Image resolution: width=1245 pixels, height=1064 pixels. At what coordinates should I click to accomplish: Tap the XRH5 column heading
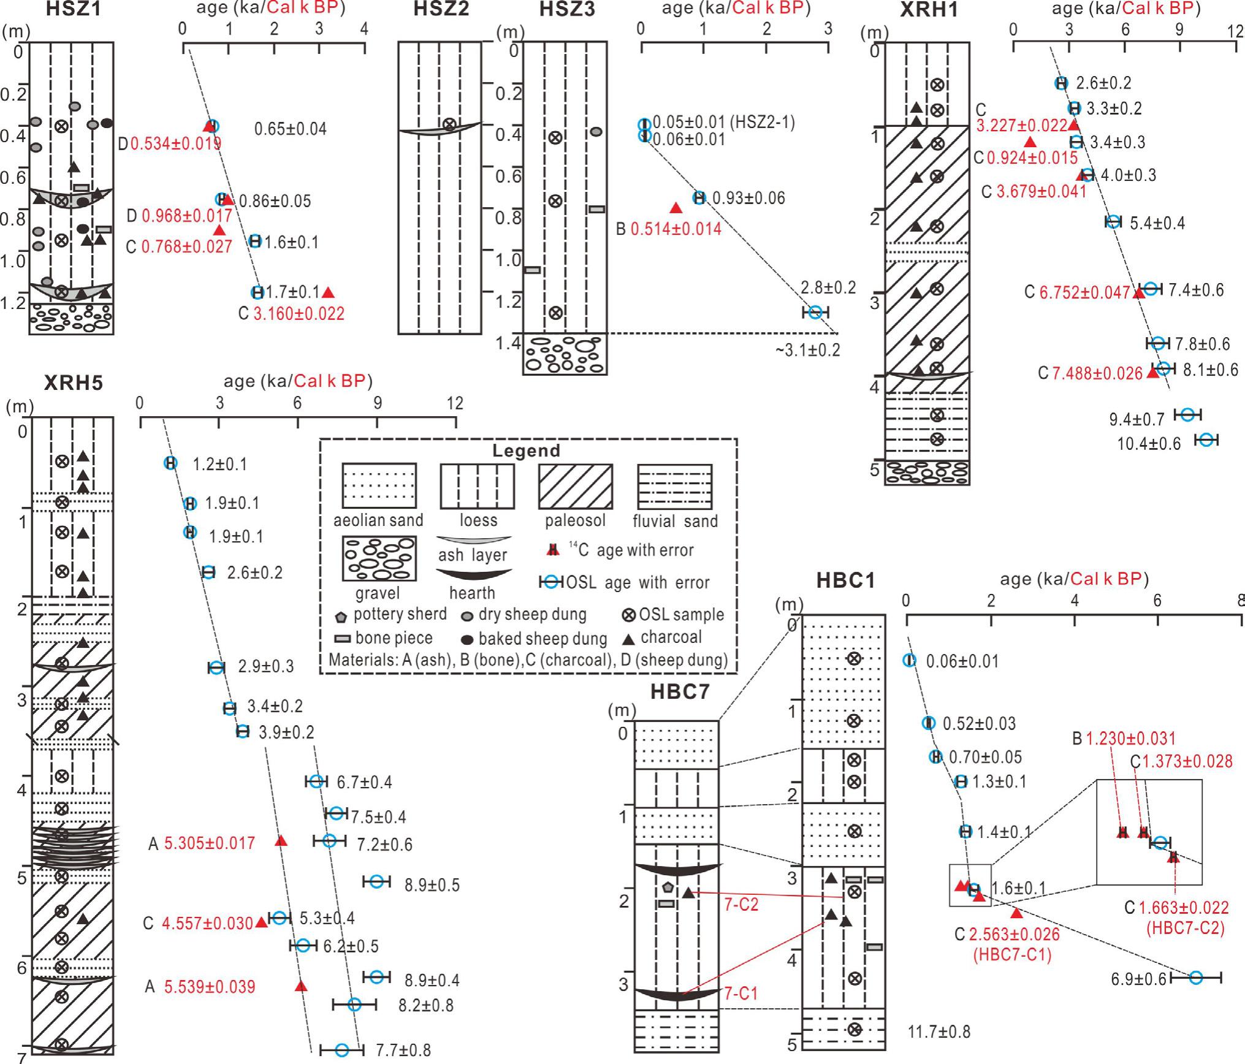(73, 383)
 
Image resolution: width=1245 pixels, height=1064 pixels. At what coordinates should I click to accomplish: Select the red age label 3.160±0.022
(299, 314)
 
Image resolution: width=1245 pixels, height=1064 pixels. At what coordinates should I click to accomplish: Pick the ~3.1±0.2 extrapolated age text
(807, 350)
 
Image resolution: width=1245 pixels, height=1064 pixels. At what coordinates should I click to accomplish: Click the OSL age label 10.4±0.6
(1148, 443)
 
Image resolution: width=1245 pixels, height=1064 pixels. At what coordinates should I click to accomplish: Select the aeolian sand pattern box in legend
(379, 486)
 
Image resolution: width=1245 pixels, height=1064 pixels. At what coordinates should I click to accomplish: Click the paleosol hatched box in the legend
(575, 486)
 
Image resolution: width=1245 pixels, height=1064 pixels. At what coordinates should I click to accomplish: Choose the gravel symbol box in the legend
(379, 558)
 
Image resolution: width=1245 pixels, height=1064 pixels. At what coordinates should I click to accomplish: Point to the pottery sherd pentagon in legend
(342, 615)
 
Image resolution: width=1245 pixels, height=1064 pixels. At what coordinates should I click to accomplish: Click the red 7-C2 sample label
(741, 904)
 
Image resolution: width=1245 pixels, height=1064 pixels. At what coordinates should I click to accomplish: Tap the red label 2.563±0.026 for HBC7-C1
(1014, 935)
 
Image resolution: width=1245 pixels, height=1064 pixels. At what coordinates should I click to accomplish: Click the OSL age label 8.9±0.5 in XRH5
(432, 885)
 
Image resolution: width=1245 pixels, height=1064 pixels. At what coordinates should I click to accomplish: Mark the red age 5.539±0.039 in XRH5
(210, 987)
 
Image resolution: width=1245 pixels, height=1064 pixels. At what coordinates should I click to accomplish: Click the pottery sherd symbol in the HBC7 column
(668, 887)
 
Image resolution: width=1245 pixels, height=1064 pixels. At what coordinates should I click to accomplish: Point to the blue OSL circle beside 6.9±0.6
(1195, 978)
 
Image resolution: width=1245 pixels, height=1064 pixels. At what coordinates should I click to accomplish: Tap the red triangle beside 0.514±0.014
(676, 208)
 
